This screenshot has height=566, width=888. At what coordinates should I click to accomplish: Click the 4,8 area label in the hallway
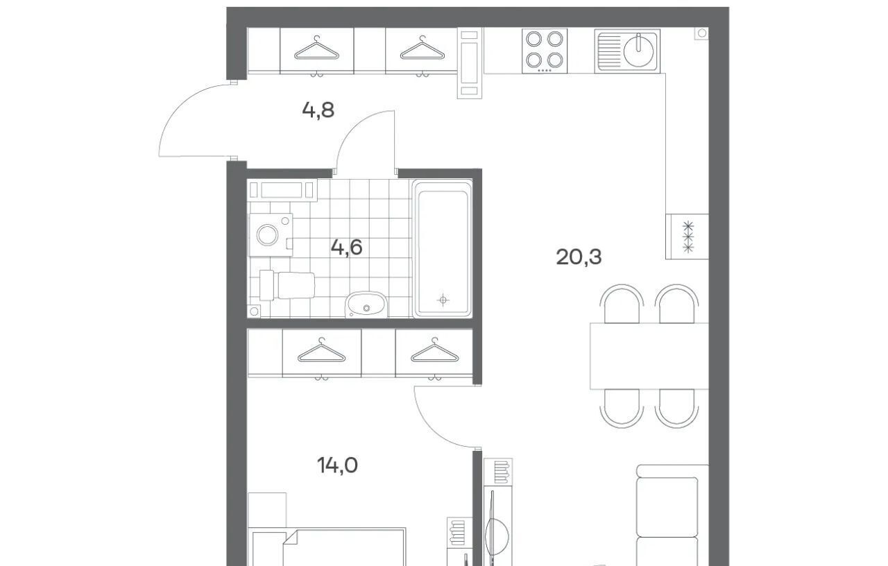click(318, 110)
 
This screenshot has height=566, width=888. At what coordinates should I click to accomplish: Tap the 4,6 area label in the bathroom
click(346, 248)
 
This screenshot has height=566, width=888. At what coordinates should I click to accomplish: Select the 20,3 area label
click(579, 257)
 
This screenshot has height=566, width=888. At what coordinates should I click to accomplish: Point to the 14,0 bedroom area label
click(337, 465)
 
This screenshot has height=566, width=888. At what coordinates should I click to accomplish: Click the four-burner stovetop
click(545, 51)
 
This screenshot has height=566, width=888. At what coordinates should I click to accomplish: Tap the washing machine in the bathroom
click(271, 234)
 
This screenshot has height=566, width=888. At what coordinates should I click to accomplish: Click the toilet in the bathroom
click(287, 285)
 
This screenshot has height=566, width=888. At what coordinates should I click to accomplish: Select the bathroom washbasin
click(366, 305)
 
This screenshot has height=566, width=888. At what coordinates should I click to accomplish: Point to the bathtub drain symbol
click(443, 300)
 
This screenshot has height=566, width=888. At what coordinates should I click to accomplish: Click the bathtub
click(443, 249)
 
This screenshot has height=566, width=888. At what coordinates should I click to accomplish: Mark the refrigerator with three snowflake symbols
click(687, 237)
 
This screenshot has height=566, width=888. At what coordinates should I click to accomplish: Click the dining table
click(649, 356)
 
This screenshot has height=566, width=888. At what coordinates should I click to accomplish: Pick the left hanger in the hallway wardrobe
click(316, 49)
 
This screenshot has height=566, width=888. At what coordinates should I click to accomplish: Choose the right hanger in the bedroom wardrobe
click(434, 351)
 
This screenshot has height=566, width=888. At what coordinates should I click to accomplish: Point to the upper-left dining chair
click(622, 303)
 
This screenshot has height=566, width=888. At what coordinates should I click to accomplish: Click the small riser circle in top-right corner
click(702, 33)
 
